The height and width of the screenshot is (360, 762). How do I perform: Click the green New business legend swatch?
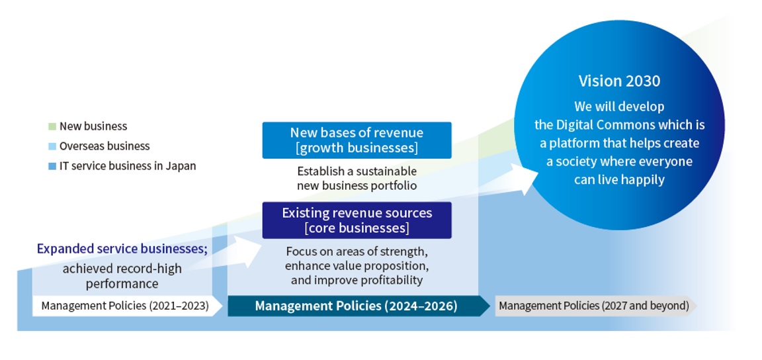52,126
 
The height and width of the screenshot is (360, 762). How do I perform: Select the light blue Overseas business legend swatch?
52,146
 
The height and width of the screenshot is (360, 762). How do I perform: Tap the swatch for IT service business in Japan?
52,166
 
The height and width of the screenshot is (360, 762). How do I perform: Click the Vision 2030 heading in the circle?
619,81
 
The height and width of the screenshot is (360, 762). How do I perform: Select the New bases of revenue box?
357,140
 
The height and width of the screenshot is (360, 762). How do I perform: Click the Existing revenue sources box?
357,220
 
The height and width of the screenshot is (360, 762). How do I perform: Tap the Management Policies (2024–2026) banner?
359,306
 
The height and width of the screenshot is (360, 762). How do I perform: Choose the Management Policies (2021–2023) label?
125,306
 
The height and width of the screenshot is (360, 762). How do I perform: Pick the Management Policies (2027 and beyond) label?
595,306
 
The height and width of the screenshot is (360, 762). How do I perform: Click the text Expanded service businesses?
122,249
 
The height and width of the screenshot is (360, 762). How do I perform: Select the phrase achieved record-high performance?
122,276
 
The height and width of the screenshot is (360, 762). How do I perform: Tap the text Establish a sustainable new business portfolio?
357,179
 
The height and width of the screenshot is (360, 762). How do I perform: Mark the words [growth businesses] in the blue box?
357,148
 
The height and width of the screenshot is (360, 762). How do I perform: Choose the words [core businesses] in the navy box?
357,228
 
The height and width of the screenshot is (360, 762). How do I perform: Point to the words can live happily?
619,179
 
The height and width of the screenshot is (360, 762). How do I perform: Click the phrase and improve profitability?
357,280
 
